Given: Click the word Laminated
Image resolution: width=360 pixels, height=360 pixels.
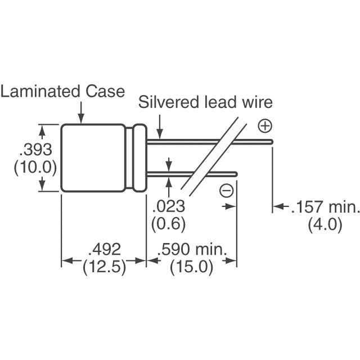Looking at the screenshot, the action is pyautogui.click(x=40, y=91).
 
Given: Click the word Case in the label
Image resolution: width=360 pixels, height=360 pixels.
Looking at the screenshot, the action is pyautogui.click(x=105, y=91).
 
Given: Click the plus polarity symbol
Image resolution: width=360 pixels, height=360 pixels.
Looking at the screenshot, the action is pyautogui.click(x=265, y=126).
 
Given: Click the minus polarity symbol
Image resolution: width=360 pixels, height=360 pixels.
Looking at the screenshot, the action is pyautogui.click(x=226, y=191).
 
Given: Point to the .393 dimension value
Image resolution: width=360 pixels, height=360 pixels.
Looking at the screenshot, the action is pyautogui.click(x=35, y=150).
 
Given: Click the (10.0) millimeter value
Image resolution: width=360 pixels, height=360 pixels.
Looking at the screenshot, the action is pyautogui.click(x=35, y=168).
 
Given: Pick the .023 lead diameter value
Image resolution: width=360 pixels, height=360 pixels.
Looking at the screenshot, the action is pyautogui.click(x=169, y=206).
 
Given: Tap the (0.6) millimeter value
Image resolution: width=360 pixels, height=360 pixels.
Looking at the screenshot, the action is pyautogui.click(x=168, y=224).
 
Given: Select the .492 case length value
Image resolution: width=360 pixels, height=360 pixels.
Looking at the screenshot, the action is pyautogui.click(x=105, y=249).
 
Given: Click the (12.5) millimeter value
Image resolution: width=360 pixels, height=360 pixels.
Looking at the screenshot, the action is pyautogui.click(x=105, y=267).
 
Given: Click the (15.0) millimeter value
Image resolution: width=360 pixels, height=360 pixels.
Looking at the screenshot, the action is pyautogui.click(x=191, y=267).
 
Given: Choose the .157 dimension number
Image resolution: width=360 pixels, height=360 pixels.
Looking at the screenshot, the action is pyautogui.click(x=307, y=206).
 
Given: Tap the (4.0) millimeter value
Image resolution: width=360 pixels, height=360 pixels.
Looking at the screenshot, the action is pyautogui.click(x=325, y=224).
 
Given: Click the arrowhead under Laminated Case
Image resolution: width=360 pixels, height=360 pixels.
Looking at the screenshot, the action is pyautogui.click(x=81, y=120).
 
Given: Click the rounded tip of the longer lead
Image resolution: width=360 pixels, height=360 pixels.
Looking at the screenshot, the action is pyautogui.click(x=272, y=142).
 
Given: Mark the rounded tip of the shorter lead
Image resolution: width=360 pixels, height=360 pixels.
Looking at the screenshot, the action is pyautogui.click(x=236, y=174).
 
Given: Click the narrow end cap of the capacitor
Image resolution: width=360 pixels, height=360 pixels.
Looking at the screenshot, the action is pyautogui.click(x=140, y=158).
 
